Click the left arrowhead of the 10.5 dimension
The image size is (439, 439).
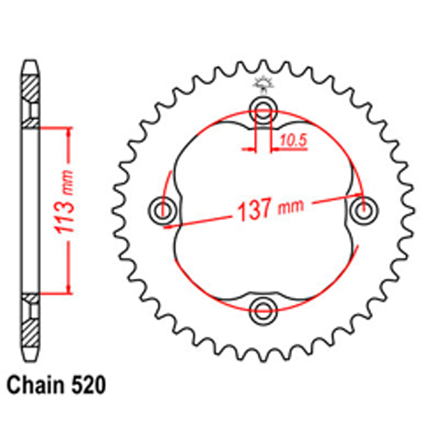[251, 150]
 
